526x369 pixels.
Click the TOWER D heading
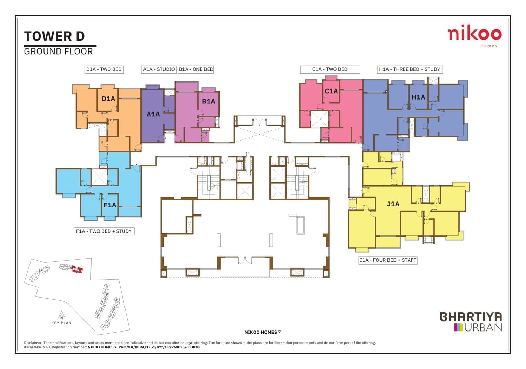(x=54, y=36)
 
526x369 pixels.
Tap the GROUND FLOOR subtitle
(x=58, y=52)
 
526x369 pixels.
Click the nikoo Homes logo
(x=474, y=36)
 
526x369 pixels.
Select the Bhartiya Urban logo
(x=471, y=321)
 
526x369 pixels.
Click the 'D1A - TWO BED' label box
(x=104, y=69)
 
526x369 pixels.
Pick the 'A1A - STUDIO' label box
(x=159, y=69)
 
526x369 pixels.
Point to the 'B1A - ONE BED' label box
(x=196, y=69)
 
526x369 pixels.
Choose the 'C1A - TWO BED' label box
(x=330, y=69)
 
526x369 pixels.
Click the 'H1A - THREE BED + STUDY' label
(x=410, y=69)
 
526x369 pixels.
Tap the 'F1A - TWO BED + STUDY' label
(x=104, y=231)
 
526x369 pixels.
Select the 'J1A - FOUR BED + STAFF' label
(x=388, y=260)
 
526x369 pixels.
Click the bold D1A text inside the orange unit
(x=108, y=98)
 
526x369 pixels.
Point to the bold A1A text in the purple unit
(x=153, y=114)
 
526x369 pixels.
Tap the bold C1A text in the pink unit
(x=331, y=91)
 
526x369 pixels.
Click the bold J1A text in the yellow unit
(x=393, y=204)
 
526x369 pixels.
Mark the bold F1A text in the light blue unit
(x=110, y=205)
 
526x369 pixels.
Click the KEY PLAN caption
(x=61, y=323)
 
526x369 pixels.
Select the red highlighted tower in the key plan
(x=77, y=269)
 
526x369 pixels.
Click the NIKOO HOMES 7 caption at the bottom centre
(x=263, y=332)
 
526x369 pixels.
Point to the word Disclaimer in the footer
(x=33, y=343)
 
